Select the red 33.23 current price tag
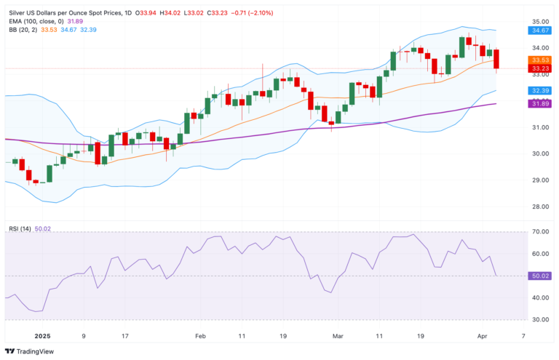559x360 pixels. [x=540, y=68]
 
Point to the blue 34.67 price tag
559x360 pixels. [x=540, y=31]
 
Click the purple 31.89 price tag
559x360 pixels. [x=540, y=104]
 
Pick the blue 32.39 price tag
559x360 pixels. [x=540, y=90]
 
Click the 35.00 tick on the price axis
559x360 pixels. [x=540, y=22]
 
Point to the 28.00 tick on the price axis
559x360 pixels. [x=540, y=207]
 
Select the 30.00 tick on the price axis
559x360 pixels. [x=540, y=153]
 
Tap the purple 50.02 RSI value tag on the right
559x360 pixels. [x=540, y=276]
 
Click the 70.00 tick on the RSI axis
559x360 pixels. [x=540, y=232]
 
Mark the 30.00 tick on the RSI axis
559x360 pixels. [x=540, y=319]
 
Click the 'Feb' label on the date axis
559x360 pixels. [x=201, y=336]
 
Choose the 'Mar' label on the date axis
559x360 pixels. [x=338, y=336]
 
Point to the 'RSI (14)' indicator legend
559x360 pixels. [x=19, y=229]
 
